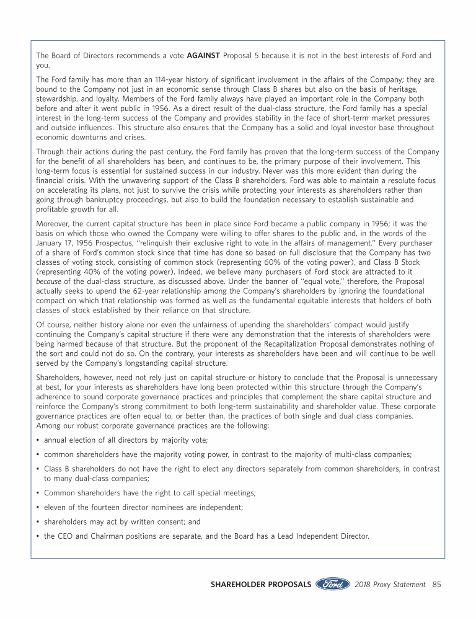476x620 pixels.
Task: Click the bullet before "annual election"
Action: click(x=38, y=440)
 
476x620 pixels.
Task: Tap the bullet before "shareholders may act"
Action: click(x=38, y=522)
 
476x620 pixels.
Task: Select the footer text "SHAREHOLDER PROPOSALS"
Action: click(x=260, y=584)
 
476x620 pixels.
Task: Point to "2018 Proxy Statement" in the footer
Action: click(x=390, y=584)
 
